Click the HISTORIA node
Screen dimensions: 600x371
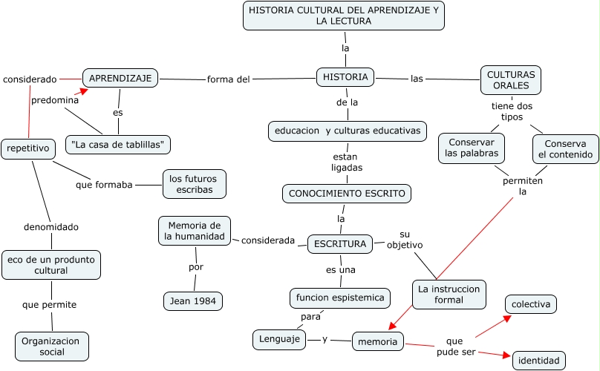pyautogui.click(x=345, y=77)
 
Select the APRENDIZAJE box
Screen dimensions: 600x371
pyautogui.click(x=120, y=78)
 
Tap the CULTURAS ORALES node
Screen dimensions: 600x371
pyautogui.click(x=511, y=80)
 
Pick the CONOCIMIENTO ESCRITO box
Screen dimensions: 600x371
pyautogui.click(x=347, y=194)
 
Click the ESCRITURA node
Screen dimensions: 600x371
pyautogui.click(x=340, y=244)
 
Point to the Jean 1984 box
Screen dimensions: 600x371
pyautogui.click(x=193, y=301)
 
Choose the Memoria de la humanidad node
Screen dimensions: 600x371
pyautogui.click(x=195, y=231)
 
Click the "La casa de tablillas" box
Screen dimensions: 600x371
pyautogui.click(x=118, y=145)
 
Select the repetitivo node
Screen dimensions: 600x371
pyautogui.click(x=28, y=148)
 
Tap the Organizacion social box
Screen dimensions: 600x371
pyautogui.click(x=52, y=347)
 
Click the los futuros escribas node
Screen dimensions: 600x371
pyautogui.click(x=195, y=184)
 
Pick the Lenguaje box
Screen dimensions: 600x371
pyautogui.click(x=279, y=339)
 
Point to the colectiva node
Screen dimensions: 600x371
pyautogui.click(x=531, y=304)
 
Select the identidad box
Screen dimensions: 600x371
pyautogui.click(x=539, y=361)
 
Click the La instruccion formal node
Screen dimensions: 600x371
pyautogui.click(x=449, y=295)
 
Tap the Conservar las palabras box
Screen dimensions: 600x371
pyautogui.click(x=472, y=148)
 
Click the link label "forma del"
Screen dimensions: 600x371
pyautogui.click(x=229, y=79)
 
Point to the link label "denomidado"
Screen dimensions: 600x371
pyautogui.click(x=51, y=227)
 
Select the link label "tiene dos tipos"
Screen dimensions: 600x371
pyautogui.click(x=512, y=111)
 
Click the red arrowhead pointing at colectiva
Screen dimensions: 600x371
pyautogui.click(x=507, y=318)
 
